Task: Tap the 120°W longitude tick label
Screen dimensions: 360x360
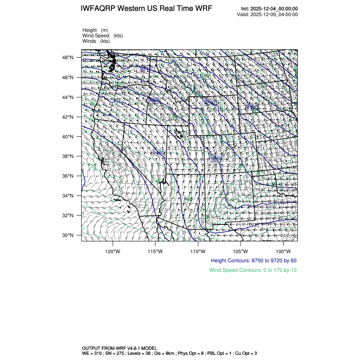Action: (113, 251)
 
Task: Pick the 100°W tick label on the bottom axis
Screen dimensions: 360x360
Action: (283, 251)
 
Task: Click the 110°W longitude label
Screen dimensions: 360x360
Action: (198, 251)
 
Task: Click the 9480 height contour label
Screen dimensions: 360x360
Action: (158, 152)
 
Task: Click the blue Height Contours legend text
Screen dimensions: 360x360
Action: (253, 260)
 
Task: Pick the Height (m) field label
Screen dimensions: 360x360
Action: (95, 30)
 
